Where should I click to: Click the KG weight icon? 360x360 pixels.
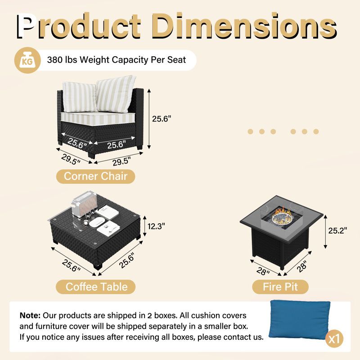click(x=27, y=60)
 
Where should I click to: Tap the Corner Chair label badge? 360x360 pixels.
click(x=95, y=176)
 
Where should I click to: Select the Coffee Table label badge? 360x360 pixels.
click(x=96, y=287)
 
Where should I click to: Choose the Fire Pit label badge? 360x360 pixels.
click(x=280, y=287)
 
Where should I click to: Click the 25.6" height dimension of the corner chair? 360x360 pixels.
click(x=162, y=119)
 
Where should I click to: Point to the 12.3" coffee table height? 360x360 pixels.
click(x=156, y=226)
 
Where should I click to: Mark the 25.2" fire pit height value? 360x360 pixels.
click(x=337, y=230)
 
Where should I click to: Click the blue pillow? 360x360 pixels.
click(x=300, y=319)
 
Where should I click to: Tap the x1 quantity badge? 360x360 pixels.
click(x=334, y=339)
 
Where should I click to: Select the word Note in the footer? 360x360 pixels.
click(x=30, y=315)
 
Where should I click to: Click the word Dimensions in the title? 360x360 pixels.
click(x=244, y=26)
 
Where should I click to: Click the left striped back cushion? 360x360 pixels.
click(x=80, y=97)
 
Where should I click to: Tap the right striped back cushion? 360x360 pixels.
click(x=116, y=94)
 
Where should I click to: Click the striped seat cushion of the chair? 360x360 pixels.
click(x=98, y=119)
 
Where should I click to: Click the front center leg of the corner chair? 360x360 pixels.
click(x=91, y=155)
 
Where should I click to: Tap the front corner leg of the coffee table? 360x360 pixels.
click(x=98, y=266)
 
